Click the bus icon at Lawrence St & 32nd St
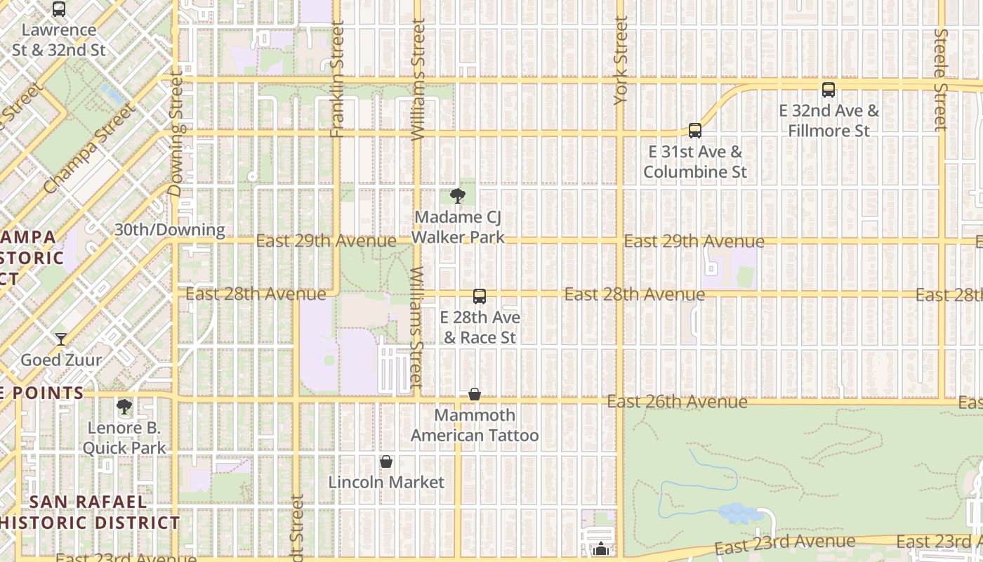(x=59, y=9)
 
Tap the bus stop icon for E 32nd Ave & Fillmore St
(x=829, y=90)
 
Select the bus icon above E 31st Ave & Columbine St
(x=694, y=131)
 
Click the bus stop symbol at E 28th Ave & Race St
(x=480, y=296)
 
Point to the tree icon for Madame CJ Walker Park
(x=457, y=196)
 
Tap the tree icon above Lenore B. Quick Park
(x=124, y=407)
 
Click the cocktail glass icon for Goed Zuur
(x=61, y=339)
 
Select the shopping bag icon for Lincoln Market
(x=385, y=462)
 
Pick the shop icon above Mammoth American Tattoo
(x=475, y=394)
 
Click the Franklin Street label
(x=337, y=79)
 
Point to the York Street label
(x=621, y=61)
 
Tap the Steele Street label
(x=941, y=79)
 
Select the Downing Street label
(x=176, y=131)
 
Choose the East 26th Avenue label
(x=677, y=401)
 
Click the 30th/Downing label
(x=169, y=230)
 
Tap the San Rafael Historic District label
(x=89, y=512)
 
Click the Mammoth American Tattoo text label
(x=475, y=425)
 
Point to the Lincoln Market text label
(x=386, y=482)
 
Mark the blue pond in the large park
(x=740, y=513)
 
